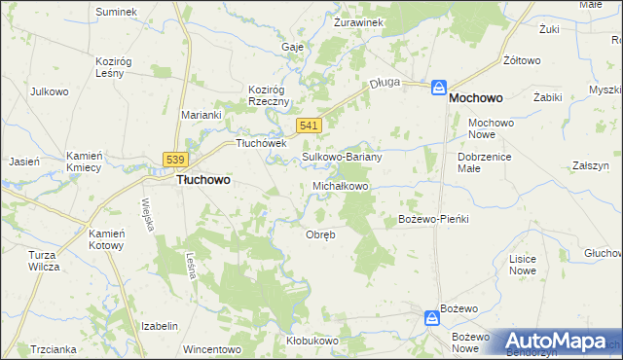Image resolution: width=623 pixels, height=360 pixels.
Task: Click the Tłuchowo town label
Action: pos(202,180)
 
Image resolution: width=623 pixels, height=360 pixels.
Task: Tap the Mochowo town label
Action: pos(482,98)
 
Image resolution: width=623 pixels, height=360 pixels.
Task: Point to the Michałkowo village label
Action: pos(341,185)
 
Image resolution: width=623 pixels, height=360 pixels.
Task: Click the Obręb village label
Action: pos(320,234)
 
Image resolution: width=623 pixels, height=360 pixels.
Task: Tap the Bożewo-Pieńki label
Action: pos(434,219)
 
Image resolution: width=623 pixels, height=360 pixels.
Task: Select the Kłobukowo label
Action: pos(311,341)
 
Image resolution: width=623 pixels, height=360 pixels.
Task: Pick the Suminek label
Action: pos(117,12)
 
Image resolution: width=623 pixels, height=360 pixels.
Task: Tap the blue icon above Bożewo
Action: pos(430,316)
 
